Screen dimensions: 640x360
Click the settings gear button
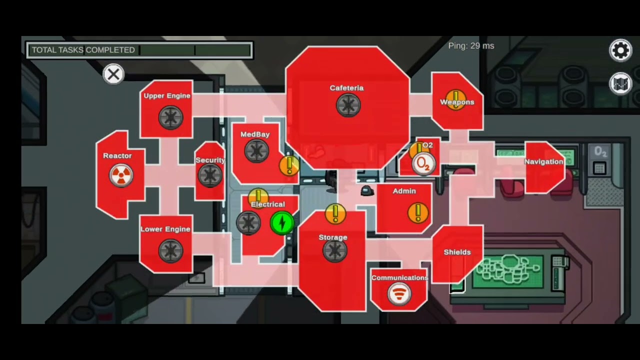click(620, 50)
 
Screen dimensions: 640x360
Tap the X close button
click(113, 74)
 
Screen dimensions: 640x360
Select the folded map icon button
click(620, 83)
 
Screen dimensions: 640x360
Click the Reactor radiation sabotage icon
click(121, 175)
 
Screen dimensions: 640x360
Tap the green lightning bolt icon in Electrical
click(282, 223)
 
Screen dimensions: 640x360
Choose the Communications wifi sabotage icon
click(399, 294)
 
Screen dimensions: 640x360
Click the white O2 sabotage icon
click(423, 164)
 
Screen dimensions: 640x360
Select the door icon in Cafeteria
click(348, 105)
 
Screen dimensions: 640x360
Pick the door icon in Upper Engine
click(171, 117)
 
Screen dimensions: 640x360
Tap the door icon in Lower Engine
click(171, 251)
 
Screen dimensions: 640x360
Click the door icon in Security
click(210, 175)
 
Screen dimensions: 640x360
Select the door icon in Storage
click(335, 250)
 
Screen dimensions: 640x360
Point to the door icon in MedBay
click(256, 151)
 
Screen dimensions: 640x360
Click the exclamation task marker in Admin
click(418, 213)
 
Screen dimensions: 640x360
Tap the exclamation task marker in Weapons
click(456, 100)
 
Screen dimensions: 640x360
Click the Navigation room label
click(543, 161)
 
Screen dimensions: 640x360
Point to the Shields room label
click(457, 252)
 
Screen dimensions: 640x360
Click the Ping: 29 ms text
click(471, 46)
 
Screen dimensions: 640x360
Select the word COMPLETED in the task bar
click(110, 50)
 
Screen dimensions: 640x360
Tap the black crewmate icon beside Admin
click(367, 191)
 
